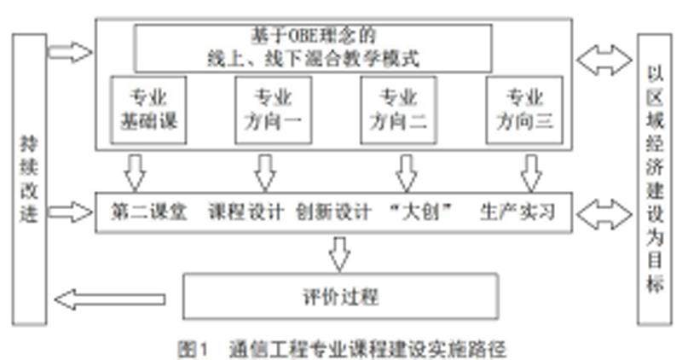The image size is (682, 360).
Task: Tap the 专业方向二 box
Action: (x=398, y=109)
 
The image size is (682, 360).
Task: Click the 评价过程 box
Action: (x=340, y=298)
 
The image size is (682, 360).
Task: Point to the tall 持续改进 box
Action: (x=29, y=180)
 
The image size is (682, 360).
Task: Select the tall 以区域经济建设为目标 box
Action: (x=654, y=180)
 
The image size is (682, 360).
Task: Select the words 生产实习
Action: (x=517, y=212)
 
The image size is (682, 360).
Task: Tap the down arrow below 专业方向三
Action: (x=532, y=172)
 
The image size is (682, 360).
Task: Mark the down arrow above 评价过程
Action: (x=340, y=253)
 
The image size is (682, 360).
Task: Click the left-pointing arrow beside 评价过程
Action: (x=111, y=299)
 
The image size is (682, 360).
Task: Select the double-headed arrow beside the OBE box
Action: (x=603, y=60)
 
